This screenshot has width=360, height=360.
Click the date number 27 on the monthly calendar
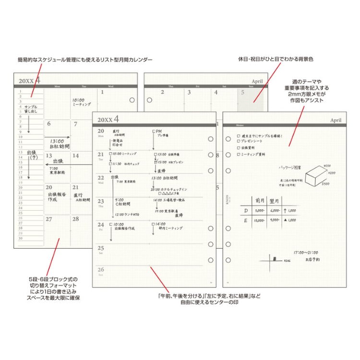point(49,218)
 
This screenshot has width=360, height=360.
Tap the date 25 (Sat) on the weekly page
point(101,248)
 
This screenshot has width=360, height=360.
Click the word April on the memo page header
point(337,120)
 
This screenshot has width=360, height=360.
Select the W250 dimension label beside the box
point(326,166)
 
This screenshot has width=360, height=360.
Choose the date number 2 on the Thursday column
point(163,92)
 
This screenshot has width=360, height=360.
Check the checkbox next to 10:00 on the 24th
point(111,224)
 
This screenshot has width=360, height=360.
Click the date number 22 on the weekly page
point(101,178)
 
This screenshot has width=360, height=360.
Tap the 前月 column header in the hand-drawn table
point(260,200)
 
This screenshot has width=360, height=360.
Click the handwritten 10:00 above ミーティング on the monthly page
point(79,100)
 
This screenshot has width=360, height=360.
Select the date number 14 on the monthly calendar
point(75,156)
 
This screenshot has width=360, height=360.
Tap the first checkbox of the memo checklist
point(239,136)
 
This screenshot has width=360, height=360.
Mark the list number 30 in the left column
point(20,238)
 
